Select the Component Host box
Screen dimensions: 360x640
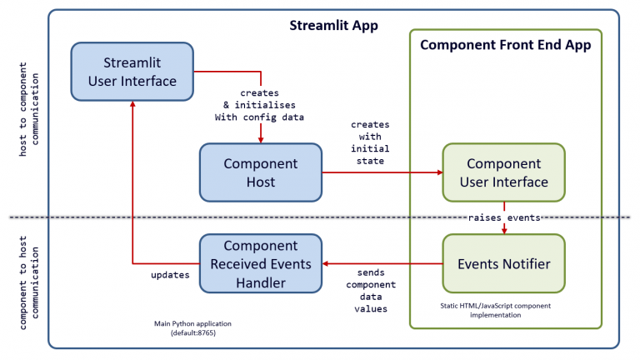pos(260,172)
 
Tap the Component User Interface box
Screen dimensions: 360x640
pos(503,172)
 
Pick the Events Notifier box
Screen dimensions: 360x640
pos(503,263)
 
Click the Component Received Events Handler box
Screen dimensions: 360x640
pos(260,263)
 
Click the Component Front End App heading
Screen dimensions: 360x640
pos(505,45)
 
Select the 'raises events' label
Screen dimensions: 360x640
pos(503,217)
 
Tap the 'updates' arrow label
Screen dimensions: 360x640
pos(169,273)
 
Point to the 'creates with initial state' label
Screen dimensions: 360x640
pos(369,142)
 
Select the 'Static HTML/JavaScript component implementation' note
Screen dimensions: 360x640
pos(502,311)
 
